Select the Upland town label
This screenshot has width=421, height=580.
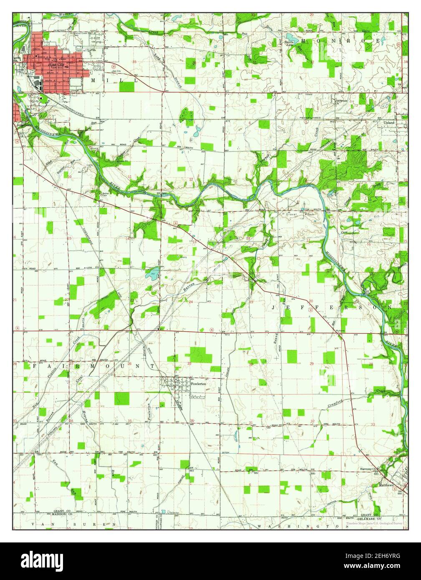[388, 123]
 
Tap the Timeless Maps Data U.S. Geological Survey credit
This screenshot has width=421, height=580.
[374, 523]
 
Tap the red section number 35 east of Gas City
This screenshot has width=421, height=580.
[134, 62]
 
